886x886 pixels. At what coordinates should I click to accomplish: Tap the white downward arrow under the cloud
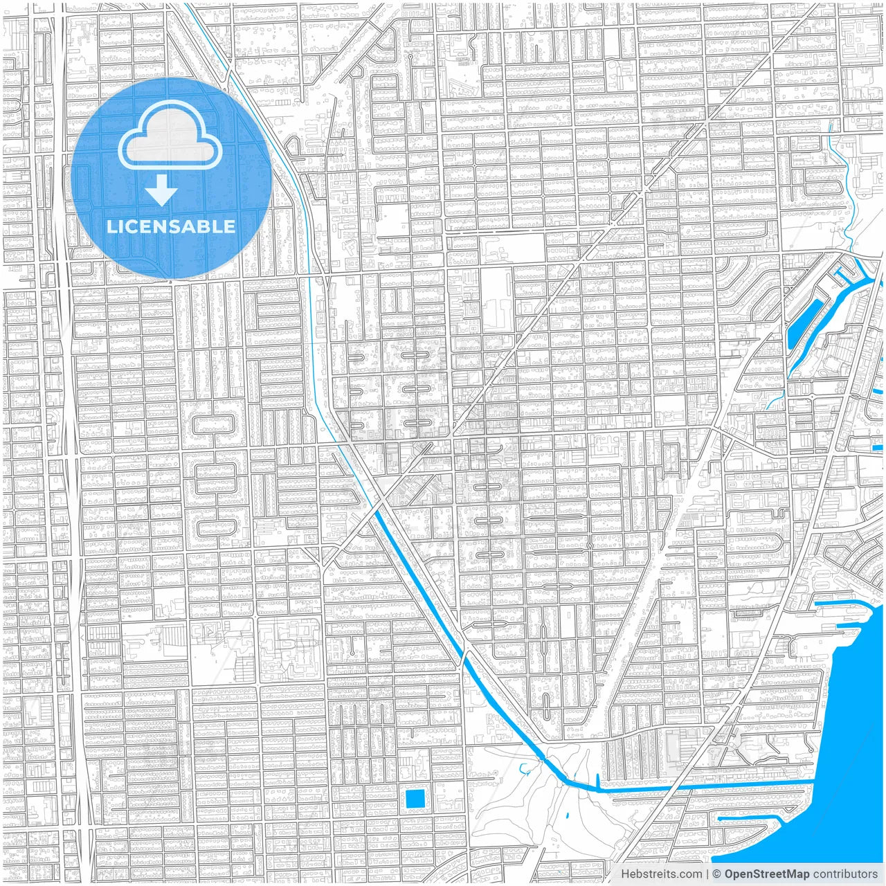161,190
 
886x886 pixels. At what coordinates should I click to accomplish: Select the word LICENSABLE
170,226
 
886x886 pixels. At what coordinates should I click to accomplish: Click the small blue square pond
415,799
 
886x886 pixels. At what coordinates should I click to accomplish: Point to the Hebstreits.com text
661,874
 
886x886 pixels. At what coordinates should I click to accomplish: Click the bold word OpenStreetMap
766,874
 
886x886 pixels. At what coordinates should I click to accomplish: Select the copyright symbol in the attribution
717,874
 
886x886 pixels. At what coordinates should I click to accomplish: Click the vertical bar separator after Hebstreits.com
707,874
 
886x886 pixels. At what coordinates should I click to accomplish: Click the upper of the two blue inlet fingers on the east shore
838,604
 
